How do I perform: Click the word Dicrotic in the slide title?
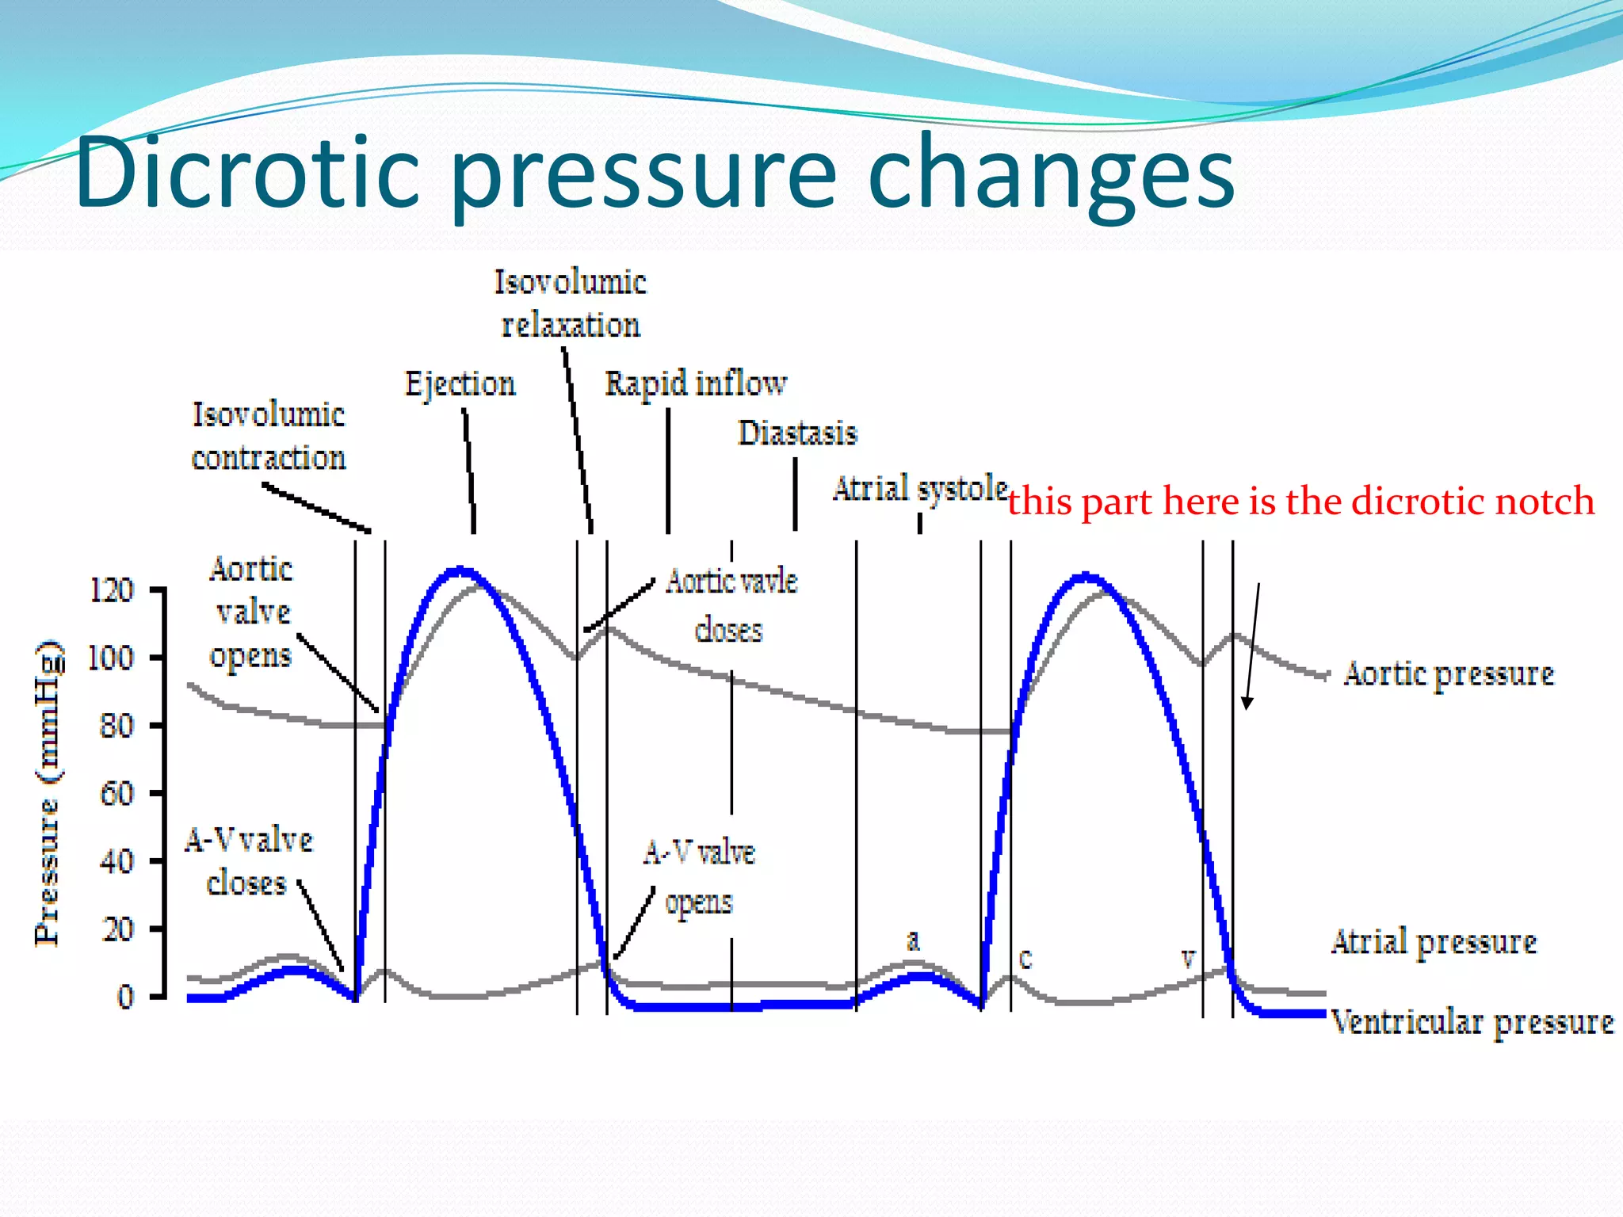[x=247, y=173]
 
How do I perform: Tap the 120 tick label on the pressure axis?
[x=111, y=590]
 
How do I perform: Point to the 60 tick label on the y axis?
[x=116, y=793]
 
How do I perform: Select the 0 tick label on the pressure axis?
[x=125, y=997]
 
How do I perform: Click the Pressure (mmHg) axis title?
[x=48, y=792]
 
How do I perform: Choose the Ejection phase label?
[x=460, y=383]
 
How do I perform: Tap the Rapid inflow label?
[x=696, y=383]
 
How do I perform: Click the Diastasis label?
[x=797, y=433]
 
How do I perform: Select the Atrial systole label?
[x=919, y=489]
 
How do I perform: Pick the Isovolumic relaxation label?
[x=571, y=303]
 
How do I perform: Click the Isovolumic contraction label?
[x=269, y=436]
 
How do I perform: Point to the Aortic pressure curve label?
[x=1449, y=674]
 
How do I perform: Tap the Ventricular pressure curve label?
[x=1472, y=1022]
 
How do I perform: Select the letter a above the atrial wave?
[x=913, y=941]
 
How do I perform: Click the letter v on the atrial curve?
[x=1188, y=959]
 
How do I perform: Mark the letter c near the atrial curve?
[x=1025, y=959]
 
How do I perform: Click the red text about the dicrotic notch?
[x=1300, y=502]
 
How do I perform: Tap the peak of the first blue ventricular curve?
[x=460, y=570]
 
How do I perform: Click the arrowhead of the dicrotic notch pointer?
[x=1247, y=704]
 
